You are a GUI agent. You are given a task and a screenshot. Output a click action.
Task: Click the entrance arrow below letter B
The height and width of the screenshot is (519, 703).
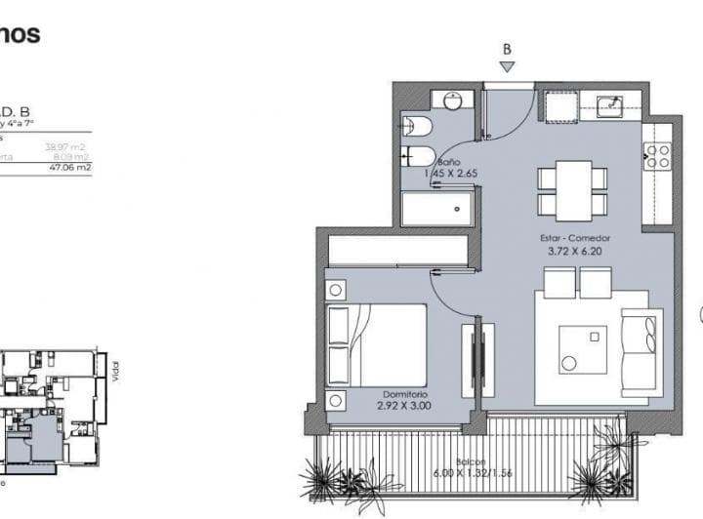click(507, 66)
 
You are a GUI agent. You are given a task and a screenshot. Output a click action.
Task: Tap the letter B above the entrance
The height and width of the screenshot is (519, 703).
click(507, 48)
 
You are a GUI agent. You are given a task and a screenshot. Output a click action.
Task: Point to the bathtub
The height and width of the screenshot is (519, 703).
click(437, 208)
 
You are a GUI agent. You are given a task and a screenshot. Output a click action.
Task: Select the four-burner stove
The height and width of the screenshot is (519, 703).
click(656, 156)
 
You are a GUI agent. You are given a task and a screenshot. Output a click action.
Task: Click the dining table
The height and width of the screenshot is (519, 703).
click(572, 191)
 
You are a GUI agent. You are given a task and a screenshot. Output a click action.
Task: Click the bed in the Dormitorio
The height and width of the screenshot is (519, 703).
click(376, 345)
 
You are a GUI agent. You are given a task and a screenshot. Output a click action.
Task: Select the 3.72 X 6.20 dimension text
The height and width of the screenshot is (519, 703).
click(575, 252)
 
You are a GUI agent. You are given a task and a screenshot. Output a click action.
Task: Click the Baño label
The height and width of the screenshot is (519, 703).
click(449, 162)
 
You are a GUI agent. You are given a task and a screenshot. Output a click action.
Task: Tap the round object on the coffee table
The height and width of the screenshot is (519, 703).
click(569, 364)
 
